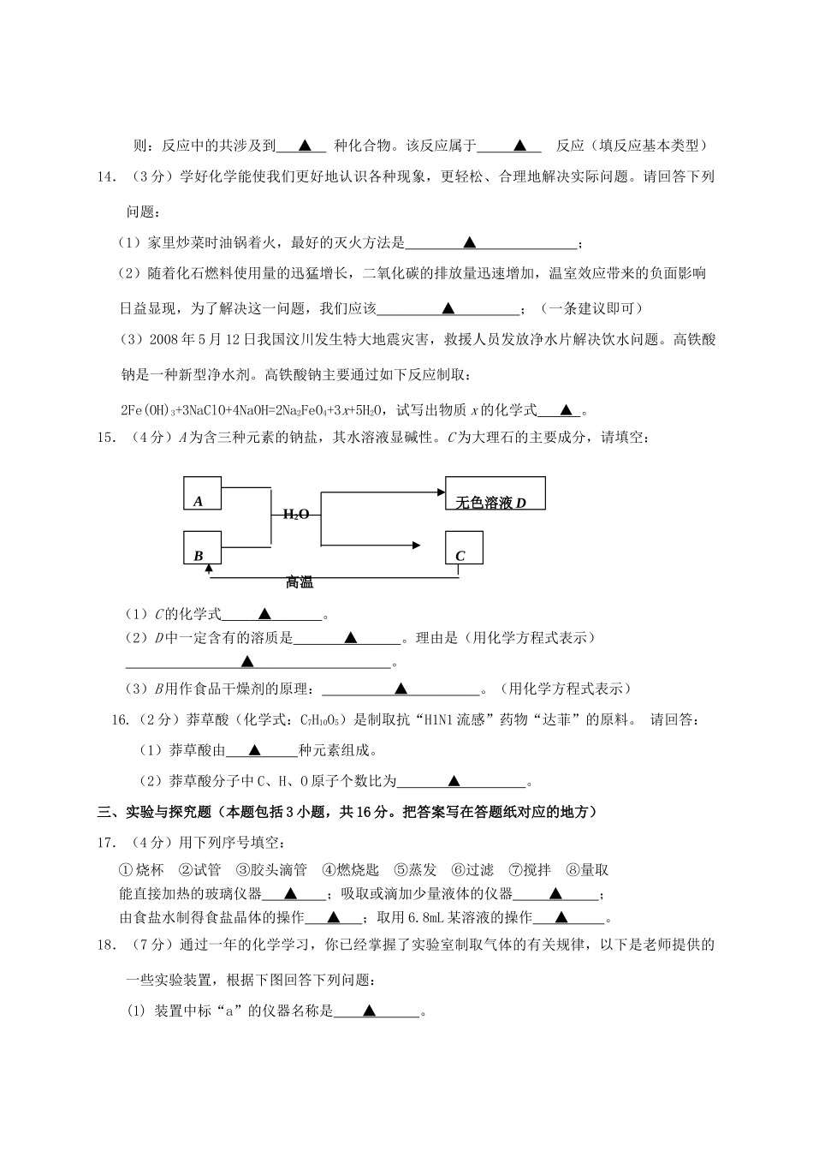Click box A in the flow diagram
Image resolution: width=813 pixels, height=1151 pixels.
tap(203, 494)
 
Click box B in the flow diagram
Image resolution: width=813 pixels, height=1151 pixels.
tap(203, 548)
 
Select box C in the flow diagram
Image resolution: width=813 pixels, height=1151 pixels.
tap(464, 548)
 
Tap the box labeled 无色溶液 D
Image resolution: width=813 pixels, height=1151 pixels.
tap(495, 493)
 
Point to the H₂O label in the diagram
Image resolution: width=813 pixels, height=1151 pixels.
tap(295, 514)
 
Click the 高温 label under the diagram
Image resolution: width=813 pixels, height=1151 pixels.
tap(300, 582)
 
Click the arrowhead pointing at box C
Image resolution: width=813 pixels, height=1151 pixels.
tap(415, 544)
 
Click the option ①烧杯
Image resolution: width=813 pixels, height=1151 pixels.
tap(141, 870)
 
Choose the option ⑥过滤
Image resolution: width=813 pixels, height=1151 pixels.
tap(472, 870)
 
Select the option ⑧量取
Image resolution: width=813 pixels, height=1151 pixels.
tap(587, 870)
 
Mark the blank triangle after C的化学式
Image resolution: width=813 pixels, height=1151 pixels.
tap(264, 613)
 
